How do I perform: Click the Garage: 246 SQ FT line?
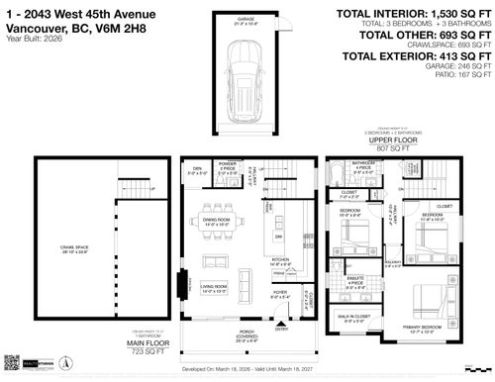(x=451, y=64)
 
